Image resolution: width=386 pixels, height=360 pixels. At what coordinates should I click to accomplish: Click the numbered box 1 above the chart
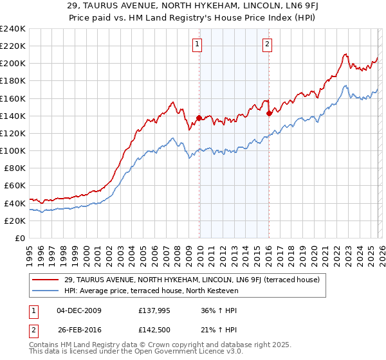(x=196, y=44)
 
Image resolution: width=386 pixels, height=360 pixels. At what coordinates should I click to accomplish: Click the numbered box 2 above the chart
(x=266, y=44)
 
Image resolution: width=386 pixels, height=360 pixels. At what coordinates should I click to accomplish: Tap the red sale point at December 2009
(x=199, y=118)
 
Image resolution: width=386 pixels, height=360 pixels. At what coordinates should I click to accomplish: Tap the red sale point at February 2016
(x=269, y=114)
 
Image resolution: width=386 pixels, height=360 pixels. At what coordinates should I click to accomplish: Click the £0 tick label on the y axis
(x=19, y=238)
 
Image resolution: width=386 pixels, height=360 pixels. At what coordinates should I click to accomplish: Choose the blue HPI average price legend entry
(x=151, y=291)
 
